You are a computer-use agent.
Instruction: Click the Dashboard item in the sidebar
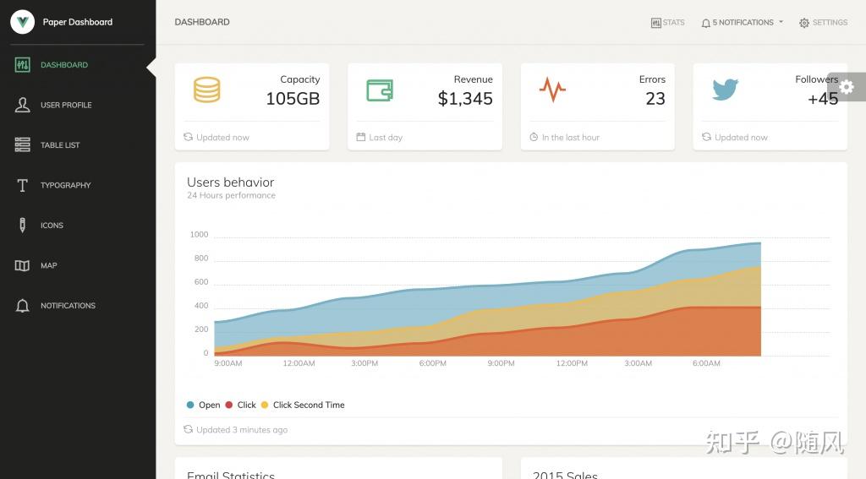click(63, 65)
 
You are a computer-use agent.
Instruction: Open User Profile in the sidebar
click(65, 105)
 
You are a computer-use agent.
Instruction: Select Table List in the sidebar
click(60, 145)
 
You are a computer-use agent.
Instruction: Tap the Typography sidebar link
click(65, 185)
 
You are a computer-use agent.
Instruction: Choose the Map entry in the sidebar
click(48, 265)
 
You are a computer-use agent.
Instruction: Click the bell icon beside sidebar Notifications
click(23, 306)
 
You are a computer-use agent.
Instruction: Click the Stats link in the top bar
click(668, 23)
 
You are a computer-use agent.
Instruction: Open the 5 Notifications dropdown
click(742, 23)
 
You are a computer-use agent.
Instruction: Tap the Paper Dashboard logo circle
click(23, 22)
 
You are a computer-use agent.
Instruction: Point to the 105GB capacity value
click(293, 99)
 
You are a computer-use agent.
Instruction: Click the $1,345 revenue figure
click(465, 99)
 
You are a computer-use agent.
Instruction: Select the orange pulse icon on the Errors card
click(552, 89)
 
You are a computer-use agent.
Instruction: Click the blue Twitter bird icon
click(725, 89)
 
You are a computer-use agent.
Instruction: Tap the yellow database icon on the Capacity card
click(207, 90)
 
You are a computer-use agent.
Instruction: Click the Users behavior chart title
click(230, 182)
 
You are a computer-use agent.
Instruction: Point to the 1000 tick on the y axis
click(199, 235)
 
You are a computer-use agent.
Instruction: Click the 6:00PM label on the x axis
click(433, 363)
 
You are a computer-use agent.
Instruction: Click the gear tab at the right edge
click(847, 86)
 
